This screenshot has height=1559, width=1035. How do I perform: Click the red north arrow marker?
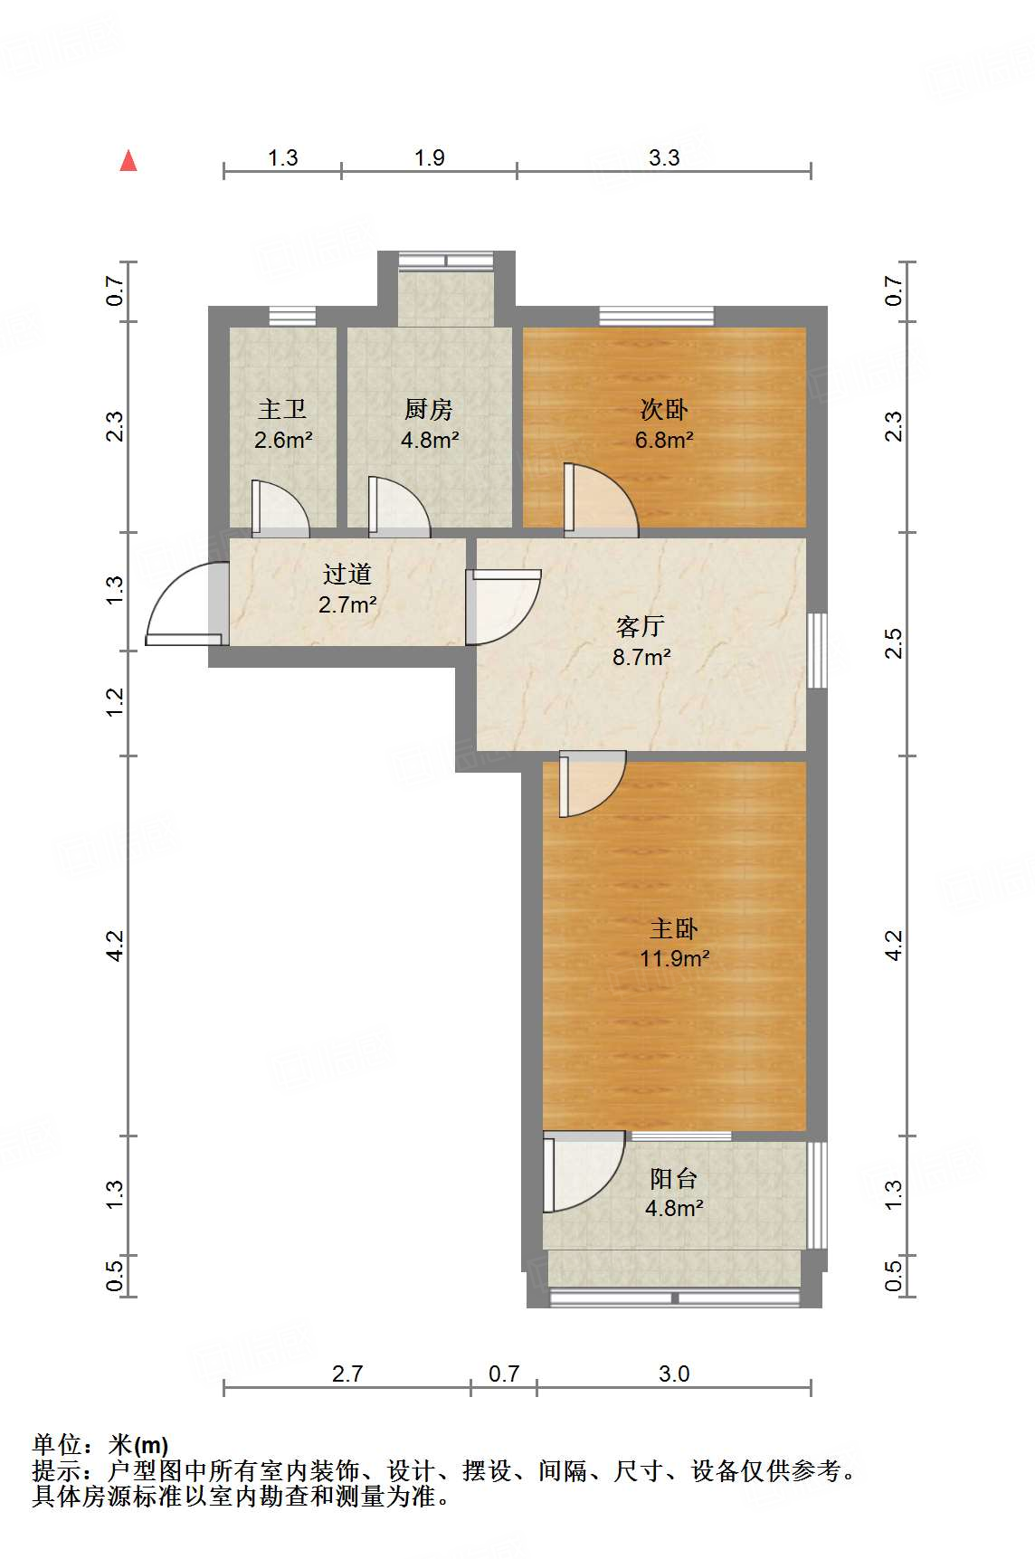[x=129, y=161]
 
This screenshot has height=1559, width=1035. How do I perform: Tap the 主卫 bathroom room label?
[x=282, y=410]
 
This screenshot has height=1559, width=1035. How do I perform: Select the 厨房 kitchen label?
[x=429, y=410]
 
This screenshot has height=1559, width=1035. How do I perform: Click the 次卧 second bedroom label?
[x=664, y=410]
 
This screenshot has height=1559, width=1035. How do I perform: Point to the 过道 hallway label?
[x=347, y=574]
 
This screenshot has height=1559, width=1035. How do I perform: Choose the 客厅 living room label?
[x=641, y=626]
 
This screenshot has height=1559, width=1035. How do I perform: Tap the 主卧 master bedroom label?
[x=674, y=928]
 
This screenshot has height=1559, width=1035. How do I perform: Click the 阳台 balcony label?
[x=674, y=1178]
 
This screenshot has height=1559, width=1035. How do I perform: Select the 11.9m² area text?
[x=674, y=958]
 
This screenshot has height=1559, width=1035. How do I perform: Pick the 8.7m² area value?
[x=641, y=657]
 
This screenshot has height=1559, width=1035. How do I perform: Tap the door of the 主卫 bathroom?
[x=280, y=508]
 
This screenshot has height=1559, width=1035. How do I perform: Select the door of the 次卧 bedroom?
[x=601, y=499]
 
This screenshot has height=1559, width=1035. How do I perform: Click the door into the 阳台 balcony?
[x=584, y=1173]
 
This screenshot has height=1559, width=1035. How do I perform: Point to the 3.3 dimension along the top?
[x=664, y=158]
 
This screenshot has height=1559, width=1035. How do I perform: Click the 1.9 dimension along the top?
[x=430, y=158]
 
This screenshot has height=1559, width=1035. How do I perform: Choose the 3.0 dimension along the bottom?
[x=674, y=1374]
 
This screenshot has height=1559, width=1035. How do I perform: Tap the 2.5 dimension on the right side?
[x=894, y=643]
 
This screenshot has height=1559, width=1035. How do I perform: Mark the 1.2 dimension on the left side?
[x=115, y=702]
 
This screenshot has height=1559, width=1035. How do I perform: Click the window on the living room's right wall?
[x=817, y=651]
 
